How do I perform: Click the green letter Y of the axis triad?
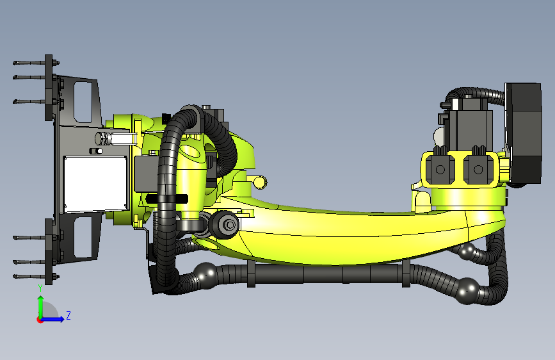[x=40, y=288]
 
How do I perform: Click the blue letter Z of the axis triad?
[x=68, y=315]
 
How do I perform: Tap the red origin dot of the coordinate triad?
[x=40, y=320]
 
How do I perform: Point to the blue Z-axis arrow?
[x=52, y=319]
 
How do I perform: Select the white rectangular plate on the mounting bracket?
[x=95, y=184]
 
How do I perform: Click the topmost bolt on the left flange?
[x=36, y=63]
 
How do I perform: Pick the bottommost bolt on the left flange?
[x=36, y=276]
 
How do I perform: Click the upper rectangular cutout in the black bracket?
[x=83, y=102]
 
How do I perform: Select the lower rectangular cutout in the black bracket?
[x=83, y=237]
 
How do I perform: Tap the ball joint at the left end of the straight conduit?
[x=205, y=273]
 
